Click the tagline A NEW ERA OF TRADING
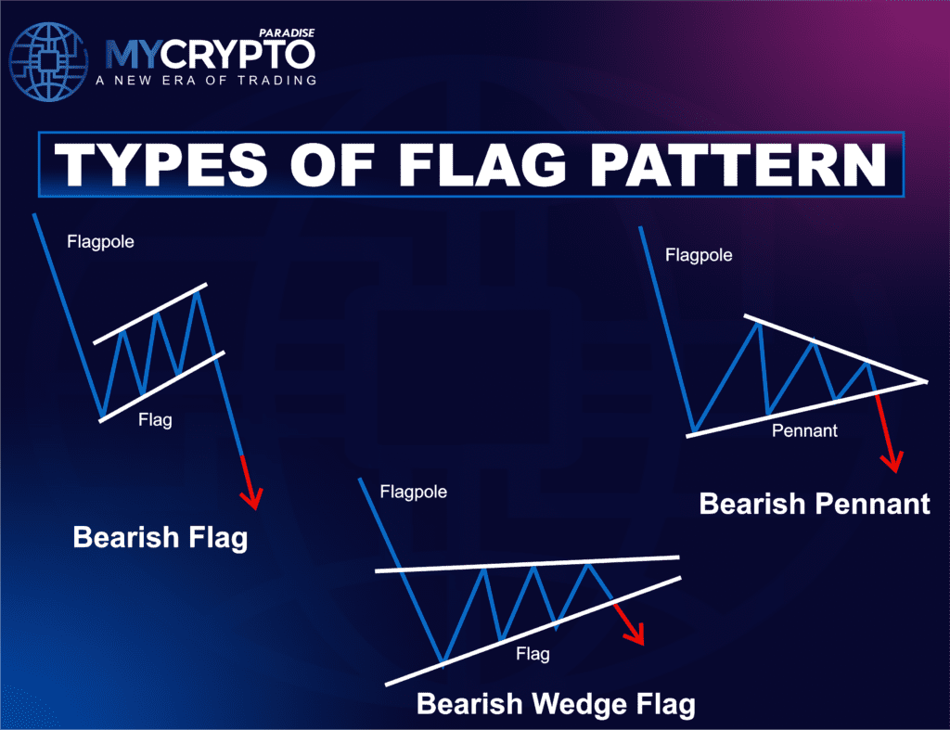(x=206, y=81)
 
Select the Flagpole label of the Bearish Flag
(x=100, y=242)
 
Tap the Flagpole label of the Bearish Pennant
(x=699, y=254)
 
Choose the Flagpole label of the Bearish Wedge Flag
(x=414, y=491)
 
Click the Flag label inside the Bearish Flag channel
(x=155, y=420)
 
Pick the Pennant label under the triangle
(x=804, y=430)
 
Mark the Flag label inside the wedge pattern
(x=533, y=654)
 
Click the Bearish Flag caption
(x=160, y=537)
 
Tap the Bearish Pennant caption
(x=814, y=504)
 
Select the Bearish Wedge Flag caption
(x=555, y=704)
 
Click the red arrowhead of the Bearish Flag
(x=252, y=501)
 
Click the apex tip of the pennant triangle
(x=925, y=380)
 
